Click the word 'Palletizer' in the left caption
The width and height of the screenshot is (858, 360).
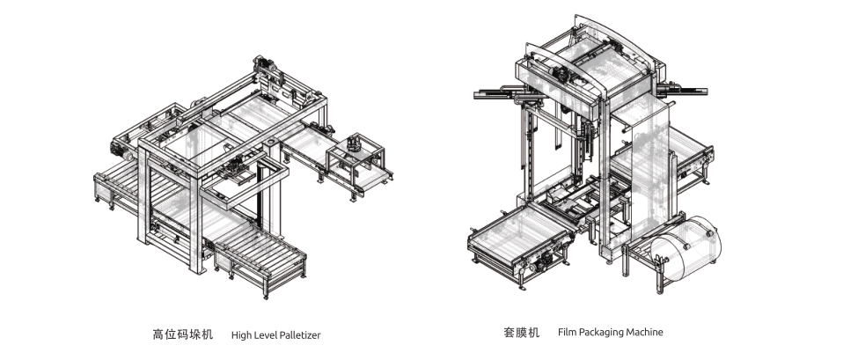[x=294, y=335]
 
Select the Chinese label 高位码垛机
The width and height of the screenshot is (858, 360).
[x=183, y=334]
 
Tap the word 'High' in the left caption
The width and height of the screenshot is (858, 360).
[x=241, y=335]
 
